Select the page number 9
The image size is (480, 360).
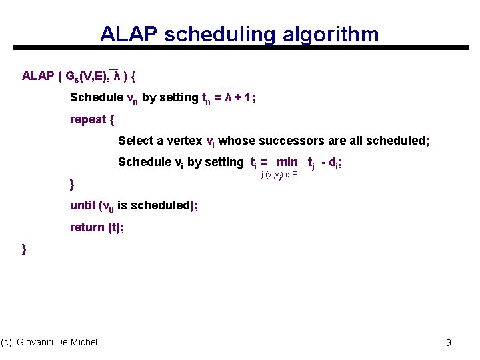click(449, 343)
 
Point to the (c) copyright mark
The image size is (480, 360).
click(7, 342)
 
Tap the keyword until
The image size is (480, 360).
click(82, 205)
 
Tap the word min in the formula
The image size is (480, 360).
click(287, 162)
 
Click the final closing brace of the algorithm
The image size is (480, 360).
click(25, 249)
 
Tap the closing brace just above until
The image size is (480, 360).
click(73, 183)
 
